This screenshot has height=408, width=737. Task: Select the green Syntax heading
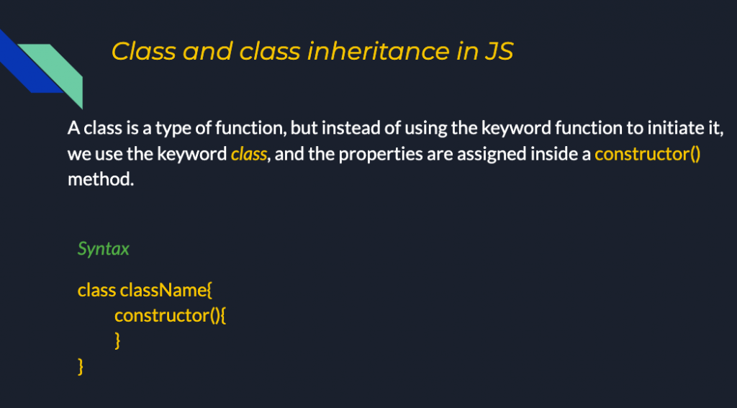click(x=104, y=249)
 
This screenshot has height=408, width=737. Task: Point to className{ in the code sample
click(x=166, y=290)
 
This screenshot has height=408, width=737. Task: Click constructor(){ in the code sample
click(x=171, y=314)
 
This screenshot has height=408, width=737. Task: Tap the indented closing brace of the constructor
click(x=117, y=340)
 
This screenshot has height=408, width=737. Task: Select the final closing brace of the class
click(x=81, y=366)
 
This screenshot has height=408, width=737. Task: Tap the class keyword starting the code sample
click(x=96, y=290)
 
